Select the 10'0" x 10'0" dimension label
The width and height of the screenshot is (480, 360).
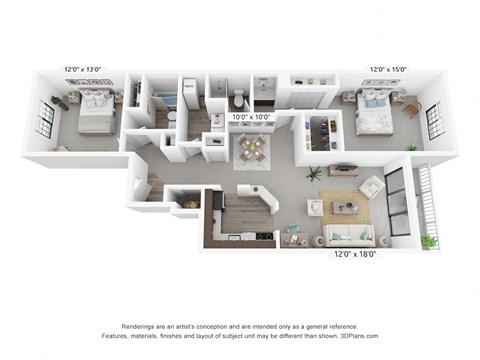click(x=252, y=117)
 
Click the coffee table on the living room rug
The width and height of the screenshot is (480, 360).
click(x=345, y=207)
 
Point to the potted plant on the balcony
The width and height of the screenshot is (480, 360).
click(x=430, y=240)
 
